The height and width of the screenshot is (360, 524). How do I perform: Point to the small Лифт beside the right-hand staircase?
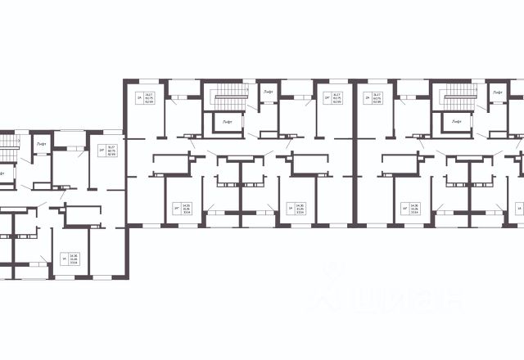(x=497, y=95)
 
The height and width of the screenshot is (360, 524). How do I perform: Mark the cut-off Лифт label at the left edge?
(x=2, y=173)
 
